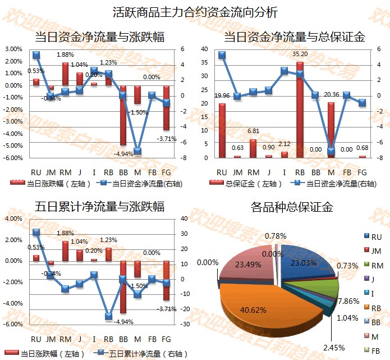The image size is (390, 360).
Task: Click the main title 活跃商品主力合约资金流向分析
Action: coord(195,12)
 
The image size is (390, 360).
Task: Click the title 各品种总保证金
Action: coord(292,207)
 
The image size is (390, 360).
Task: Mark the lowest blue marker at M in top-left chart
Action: coord(137,152)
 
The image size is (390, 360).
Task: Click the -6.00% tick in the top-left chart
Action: coord(12,157)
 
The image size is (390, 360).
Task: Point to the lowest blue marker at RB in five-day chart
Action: coord(108,316)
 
